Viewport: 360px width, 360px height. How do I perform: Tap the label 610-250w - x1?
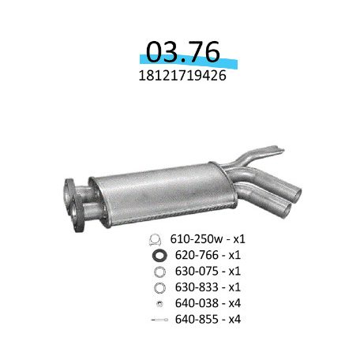(201, 240)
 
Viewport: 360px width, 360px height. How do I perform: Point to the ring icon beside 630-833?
(156, 287)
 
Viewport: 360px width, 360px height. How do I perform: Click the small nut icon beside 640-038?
(157, 303)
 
